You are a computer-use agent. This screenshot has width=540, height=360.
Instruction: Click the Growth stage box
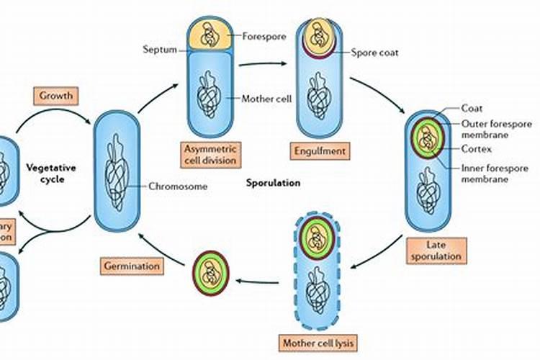point(54,94)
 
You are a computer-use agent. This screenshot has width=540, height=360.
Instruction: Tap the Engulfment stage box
point(320,151)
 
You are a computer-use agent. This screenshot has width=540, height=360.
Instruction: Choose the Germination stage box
point(130,266)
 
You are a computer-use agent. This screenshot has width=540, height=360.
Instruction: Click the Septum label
point(160,49)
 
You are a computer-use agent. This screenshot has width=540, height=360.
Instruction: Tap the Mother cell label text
point(267,99)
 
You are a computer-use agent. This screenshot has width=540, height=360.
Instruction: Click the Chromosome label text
point(178,186)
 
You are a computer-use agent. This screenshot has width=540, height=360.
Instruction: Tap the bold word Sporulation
point(274,183)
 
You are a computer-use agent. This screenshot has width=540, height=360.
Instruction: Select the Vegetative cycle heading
point(52,173)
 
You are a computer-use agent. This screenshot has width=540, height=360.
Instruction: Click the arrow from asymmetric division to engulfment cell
point(261,64)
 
